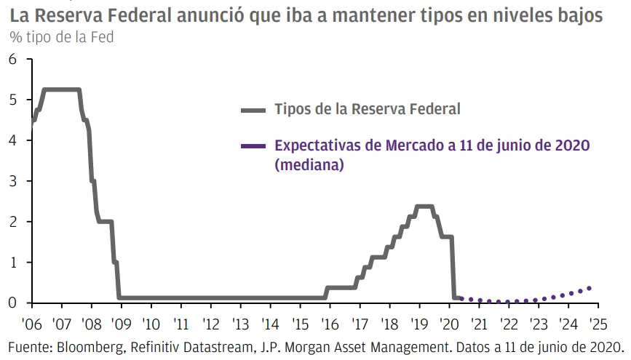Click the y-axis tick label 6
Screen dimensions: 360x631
pyautogui.click(x=12, y=59)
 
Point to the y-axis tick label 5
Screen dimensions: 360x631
pyautogui.click(x=12, y=100)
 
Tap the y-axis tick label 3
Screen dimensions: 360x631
pyautogui.click(x=12, y=181)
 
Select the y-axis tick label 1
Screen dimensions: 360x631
pyautogui.click(x=12, y=263)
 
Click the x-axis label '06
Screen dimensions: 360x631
pyautogui.click(x=32, y=324)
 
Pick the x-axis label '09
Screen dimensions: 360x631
pyautogui.click(x=121, y=324)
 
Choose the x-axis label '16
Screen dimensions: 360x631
pyautogui.click(x=330, y=324)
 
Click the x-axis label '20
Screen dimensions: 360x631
pyautogui.click(x=449, y=324)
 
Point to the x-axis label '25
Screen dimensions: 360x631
pyautogui.click(x=598, y=324)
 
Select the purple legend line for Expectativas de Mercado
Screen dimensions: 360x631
pyautogui.click(x=253, y=146)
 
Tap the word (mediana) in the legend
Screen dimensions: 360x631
pyautogui.click(x=309, y=165)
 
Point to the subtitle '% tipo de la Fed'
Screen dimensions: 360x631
pyautogui.click(x=62, y=36)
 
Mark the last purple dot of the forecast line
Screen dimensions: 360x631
pyautogui.click(x=589, y=288)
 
